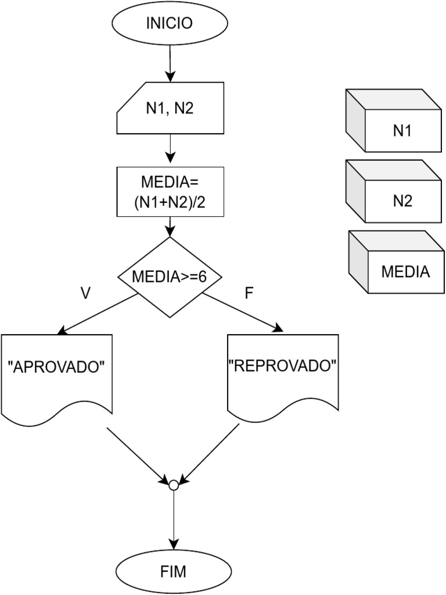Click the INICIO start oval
point(170,23)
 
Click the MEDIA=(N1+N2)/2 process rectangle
point(170,192)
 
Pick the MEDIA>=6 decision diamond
point(170,277)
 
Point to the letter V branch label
point(85,293)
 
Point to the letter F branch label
point(249,293)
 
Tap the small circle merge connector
point(172,484)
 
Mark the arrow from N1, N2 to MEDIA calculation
point(170,150)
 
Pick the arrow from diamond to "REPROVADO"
point(242,314)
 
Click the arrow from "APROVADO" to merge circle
point(136,455)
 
